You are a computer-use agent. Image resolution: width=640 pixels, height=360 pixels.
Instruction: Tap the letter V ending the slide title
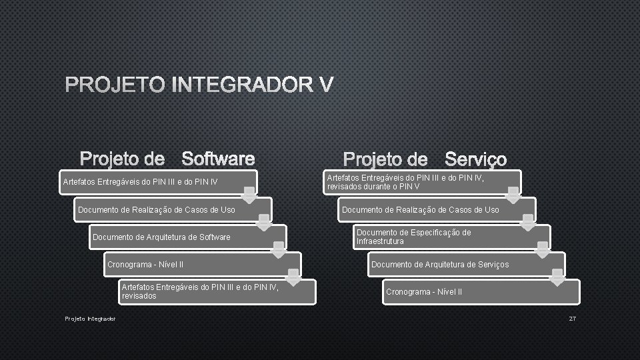click(x=325, y=86)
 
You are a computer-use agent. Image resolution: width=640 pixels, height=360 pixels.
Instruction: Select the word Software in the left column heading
click(x=218, y=159)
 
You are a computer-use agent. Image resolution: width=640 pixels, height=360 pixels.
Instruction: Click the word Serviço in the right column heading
click(x=475, y=159)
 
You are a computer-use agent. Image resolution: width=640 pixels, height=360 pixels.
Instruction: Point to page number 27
click(x=572, y=319)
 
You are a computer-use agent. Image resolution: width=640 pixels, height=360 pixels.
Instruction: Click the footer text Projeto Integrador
click(x=90, y=319)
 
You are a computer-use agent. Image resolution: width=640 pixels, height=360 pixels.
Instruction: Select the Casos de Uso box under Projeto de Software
click(x=173, y=210)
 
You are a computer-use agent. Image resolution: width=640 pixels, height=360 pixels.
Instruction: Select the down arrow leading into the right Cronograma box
click(x=557, y=276)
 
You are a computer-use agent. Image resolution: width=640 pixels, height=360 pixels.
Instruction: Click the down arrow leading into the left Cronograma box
click(x=278, y=249)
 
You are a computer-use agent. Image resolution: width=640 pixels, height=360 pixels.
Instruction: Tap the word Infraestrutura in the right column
click(x=380, y=241)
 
